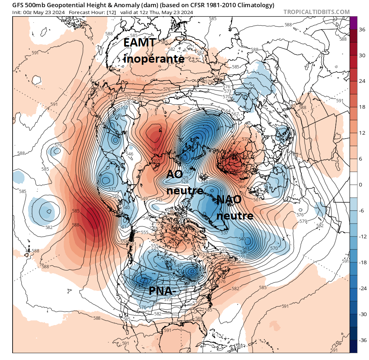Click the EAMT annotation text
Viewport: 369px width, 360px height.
[140, 42]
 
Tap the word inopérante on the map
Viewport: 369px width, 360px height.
[154, 58]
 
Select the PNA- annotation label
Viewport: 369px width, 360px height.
[162, 290]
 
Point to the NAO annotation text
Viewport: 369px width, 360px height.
[229, 200]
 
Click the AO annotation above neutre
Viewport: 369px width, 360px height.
[174, 174]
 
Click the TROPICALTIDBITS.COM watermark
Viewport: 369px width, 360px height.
[316, 12]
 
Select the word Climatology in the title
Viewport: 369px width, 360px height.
[255, 5]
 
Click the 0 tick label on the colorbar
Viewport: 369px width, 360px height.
[361, 185]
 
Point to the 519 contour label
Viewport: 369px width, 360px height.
[188, 166]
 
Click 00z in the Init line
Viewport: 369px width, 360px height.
[28, 13]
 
